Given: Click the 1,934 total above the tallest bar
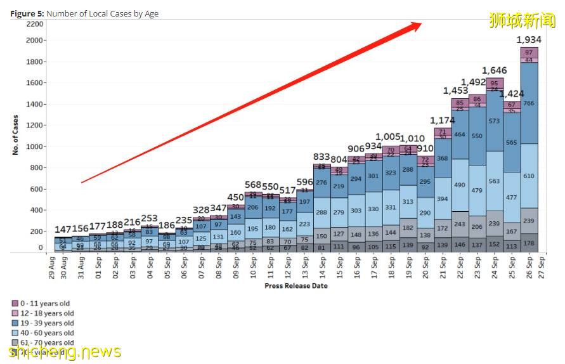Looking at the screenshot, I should (x=528, y=39).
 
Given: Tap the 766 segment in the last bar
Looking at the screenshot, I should (x=529, y=103).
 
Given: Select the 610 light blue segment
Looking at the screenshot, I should (x=529, y=176).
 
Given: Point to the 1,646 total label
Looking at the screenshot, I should (x=495, y=70).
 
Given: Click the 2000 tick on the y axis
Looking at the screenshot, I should (x=36, y=41).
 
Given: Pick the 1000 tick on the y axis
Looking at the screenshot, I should (x=36, y=146).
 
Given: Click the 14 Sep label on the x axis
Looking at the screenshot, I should (x=322, y=266).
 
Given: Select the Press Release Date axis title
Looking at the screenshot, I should (x=295, y=286).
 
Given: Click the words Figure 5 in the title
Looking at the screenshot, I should (x=27, y=13).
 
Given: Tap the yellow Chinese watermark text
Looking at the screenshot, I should (x=522, y=20).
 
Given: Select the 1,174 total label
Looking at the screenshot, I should (x=443, y=120).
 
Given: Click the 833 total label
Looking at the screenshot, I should (x=322, y=157).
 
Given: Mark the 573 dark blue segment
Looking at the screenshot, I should (x=495, y=121).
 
